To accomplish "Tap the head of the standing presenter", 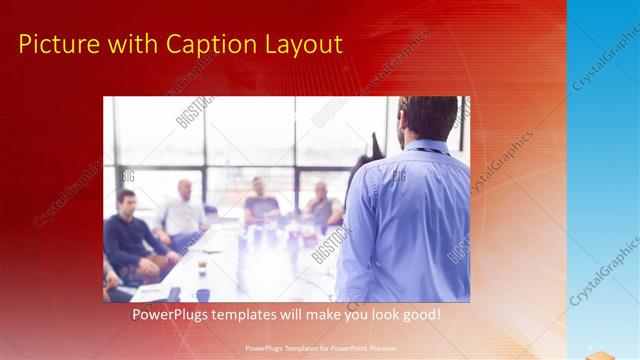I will pos(427,118).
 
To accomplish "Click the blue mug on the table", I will pos(203,295).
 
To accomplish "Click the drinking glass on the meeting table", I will pos(201,265).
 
